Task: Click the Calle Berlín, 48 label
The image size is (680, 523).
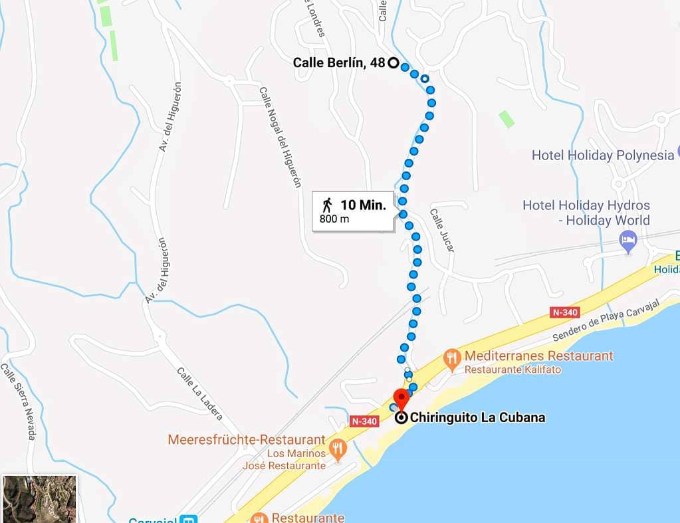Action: coord(338,63)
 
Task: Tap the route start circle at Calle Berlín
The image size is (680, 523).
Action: coord(393,64)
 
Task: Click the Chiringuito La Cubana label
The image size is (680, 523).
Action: coord(477,418)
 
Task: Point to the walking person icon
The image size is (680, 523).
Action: coord(326,205)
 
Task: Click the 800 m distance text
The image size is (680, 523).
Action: coord(334,219)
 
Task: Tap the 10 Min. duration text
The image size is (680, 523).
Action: coord(363,205)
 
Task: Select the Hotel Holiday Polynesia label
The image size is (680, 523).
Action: coord(602,156)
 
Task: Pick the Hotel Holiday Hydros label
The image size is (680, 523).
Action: coord(586,205)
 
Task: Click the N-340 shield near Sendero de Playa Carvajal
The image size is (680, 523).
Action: coord(565,312)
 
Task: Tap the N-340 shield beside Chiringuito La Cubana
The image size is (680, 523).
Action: coord(364,421)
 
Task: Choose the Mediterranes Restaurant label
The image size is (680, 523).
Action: coord(538,356)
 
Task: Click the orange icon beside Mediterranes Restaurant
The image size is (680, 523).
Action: coord(453,358)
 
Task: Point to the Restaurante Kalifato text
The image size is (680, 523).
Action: coord(512,369)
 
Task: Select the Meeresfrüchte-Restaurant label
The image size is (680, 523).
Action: coord(247,440)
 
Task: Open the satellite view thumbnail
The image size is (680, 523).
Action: coord(40,498)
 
